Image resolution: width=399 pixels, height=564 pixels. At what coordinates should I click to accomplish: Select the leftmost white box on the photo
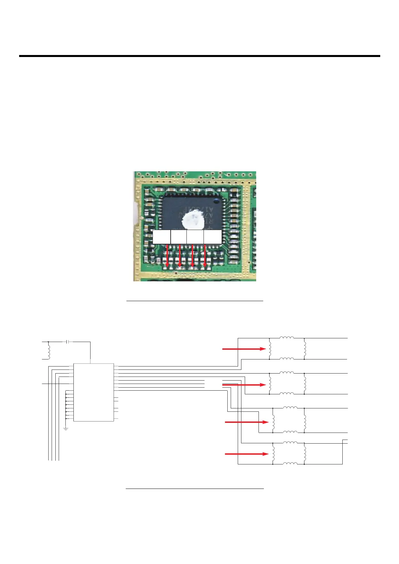point(161,237)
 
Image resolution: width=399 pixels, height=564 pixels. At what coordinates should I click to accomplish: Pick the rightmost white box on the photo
point(213,237)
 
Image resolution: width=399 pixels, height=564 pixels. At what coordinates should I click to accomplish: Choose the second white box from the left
point(178,237)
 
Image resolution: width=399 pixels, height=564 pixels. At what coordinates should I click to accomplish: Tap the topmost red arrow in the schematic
point(244,349)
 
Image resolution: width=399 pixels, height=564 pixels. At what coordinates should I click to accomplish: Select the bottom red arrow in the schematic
point(246,454)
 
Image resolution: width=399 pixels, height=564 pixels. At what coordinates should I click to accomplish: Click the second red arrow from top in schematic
point(244,385)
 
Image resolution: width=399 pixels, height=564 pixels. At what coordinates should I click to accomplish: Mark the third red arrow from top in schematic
point(246,422)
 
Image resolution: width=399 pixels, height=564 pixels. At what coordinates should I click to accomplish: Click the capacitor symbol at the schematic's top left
point(68,342)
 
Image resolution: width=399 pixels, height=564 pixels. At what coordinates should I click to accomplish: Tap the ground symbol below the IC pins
point(66,429)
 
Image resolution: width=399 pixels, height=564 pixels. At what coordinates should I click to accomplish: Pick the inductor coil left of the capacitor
point(49,351)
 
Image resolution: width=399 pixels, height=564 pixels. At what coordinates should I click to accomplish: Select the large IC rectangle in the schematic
point(94,392)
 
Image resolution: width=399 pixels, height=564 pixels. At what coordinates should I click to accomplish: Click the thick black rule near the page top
point(199,56)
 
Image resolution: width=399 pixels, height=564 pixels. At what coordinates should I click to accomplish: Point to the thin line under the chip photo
point(194,301)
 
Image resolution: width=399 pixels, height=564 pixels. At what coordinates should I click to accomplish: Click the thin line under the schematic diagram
point(194,489)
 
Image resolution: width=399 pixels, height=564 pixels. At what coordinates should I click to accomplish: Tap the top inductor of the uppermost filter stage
point(287,338)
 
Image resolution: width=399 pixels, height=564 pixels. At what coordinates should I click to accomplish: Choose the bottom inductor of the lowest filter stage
point(290,464)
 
